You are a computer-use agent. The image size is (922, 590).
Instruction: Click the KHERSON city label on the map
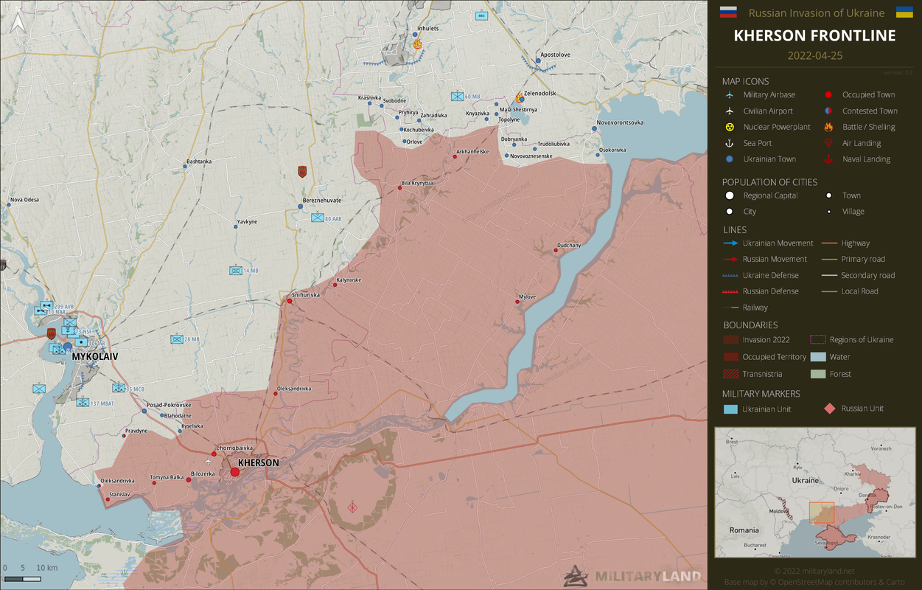[x=259, y=462]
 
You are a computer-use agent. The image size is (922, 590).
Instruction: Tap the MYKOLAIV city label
[x=95, y=356]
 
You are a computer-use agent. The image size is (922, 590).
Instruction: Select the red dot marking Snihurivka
[x=289, y=301]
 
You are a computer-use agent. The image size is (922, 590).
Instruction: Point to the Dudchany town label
[x=569, y=245]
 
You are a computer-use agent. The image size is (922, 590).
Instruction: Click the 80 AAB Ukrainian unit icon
[x=317, y=218]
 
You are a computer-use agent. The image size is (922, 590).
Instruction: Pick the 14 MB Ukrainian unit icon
[x=236, y=271]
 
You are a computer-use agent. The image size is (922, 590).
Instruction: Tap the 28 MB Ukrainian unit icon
[x=177, y=339]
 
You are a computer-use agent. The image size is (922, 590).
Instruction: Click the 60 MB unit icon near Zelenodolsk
[x=457, y=97]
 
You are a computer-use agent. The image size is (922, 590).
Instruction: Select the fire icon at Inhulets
[x=418, y=44]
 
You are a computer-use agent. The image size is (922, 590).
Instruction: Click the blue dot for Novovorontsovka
[x=594, y=129]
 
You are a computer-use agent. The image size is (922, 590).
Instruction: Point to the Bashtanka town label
[x=199, y=161]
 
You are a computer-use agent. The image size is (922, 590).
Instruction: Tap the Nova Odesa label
[x=24, y=200]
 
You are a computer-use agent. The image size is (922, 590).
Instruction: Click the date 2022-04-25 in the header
[x=814, y=56]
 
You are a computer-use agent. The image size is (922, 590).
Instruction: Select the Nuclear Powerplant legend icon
[x=730, y=127]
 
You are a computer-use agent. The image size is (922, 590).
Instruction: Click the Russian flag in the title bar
[x=728, y=12]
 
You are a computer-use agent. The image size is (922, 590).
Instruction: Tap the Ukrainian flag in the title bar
[x=904, y=12]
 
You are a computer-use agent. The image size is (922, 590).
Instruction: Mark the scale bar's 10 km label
[x=46, y=568]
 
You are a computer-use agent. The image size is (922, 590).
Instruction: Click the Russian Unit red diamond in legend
[x=829, y=409]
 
